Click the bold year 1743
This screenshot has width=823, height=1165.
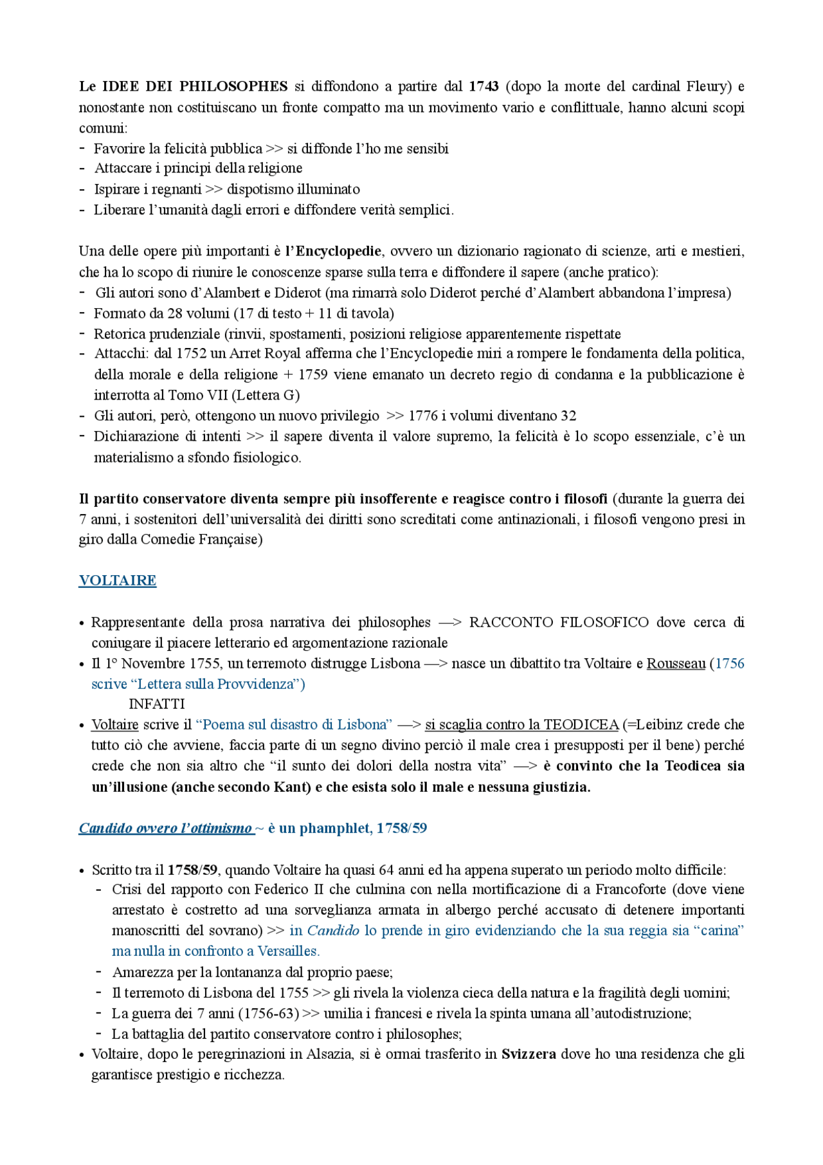coord(484,86)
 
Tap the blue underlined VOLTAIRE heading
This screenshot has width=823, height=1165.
coord(118,580)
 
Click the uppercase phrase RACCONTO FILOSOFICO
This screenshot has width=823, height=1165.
coord(559,622)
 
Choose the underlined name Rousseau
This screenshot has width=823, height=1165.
coord(676,663)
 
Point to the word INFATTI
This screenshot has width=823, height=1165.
coord(157,704)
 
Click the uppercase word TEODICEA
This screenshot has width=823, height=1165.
coord(581,724)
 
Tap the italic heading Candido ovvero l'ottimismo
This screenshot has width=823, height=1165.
coord(165,828)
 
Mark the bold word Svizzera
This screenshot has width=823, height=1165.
coord(529,1054)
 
